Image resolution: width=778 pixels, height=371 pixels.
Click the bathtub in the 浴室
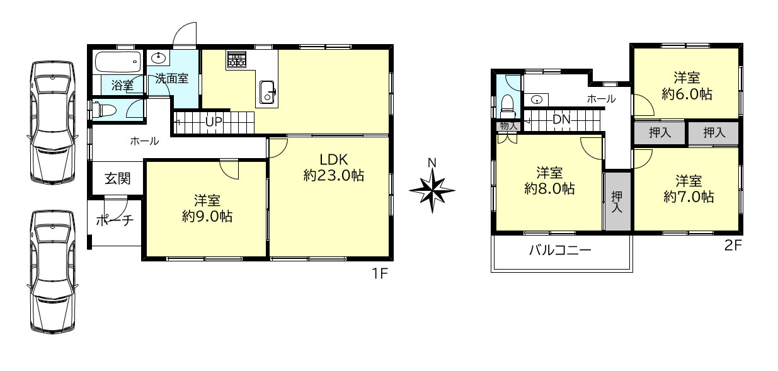[118, 62]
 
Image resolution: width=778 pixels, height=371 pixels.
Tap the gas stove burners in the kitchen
[236, 59]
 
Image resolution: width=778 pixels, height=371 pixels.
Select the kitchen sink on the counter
[267, 92]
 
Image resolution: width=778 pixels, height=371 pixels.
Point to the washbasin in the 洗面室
[159, 58]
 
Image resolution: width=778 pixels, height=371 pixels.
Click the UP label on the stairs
[214, 122]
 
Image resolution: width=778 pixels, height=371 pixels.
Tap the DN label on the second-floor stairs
[561, 120]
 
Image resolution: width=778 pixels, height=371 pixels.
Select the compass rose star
[432, 190]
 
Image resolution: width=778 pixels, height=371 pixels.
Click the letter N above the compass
[432, 163]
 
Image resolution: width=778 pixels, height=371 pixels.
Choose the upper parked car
[52, 122]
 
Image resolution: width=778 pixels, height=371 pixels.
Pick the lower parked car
[52, 271]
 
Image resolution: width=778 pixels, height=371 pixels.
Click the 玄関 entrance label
[117, 178]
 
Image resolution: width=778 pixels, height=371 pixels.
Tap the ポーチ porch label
[115, 220]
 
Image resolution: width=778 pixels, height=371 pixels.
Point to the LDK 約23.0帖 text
[333, 168]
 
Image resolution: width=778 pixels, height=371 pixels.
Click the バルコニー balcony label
[560, 250]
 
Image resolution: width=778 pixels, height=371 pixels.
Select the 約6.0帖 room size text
[687, 94]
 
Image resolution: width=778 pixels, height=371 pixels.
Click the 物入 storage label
[509, 126]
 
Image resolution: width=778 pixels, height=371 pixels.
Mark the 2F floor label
[733, 246]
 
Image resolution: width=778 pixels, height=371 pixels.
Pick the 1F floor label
[380, 274]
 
